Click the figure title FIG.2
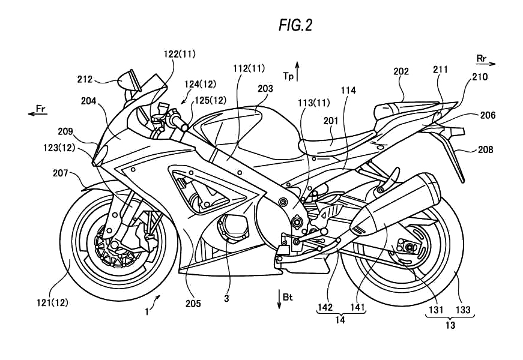pyautogui.click(x=295, y=25)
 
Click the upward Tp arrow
pyautogui.click(x=297, y=70)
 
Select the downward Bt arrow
pyautogui.click(x=279, y=298)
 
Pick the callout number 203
pyautogui.click(x=265, y=88)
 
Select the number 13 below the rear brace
pyautogui.click(x=451, y=326)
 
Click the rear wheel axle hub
pyautogui.click(x=408, y=247)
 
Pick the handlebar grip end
pyautogui.click(x=179, y=122)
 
